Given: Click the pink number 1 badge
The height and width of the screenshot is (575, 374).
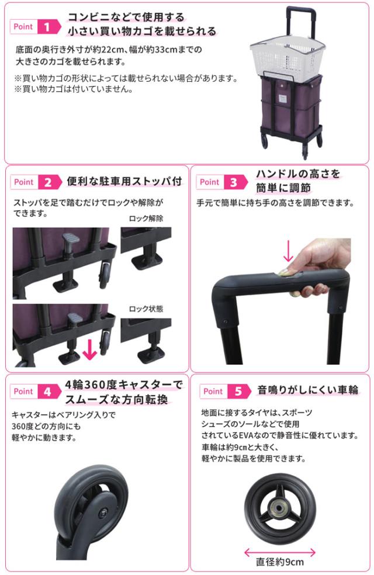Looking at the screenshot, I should (x=49, y=26).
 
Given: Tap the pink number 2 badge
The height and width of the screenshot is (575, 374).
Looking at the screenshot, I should (x=49, y=182).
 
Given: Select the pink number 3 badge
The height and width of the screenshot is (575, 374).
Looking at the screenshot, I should (x=234, y=182).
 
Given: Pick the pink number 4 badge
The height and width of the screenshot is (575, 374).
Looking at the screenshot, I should (x=49, y=391).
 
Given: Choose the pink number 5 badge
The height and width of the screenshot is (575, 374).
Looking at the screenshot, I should (x=238, y=391).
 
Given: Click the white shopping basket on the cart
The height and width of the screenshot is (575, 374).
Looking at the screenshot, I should (x=285, y=57).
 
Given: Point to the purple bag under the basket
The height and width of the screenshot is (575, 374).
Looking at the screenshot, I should (x=286, y=102).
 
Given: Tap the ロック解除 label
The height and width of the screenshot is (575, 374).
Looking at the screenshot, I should (x=147, y=218).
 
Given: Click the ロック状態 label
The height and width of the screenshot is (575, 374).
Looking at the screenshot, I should (x=147, y=309).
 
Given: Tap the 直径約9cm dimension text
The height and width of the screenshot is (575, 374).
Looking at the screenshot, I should (x=280, y=562).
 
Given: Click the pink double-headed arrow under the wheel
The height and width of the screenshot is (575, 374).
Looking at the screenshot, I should (x=279, y=550).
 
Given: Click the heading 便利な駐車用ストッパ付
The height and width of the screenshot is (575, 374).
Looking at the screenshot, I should (x=124, y=181).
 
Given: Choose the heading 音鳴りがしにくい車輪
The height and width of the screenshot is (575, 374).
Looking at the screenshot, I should (x=307, y=390).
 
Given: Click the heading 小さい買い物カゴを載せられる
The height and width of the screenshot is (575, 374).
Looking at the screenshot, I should (x=142, y=31).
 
